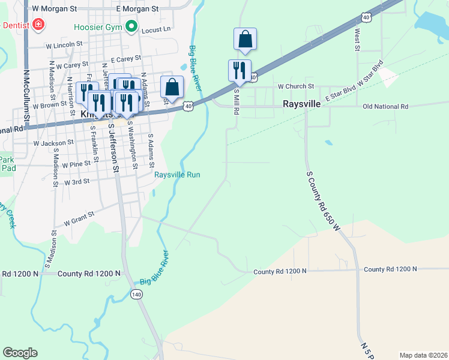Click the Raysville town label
[x=302, y=103]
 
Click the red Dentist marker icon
[x=38, y=25]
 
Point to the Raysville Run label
[x=177, y=175]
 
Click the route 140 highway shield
[x=136, y=294]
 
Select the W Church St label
[x=296, y=86]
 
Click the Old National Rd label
[x=385, y=106]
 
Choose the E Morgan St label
[x=137, y=9]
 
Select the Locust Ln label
[x=158, y=28]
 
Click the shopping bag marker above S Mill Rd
[x=245, y=40]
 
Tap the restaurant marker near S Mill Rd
[x=239, y=70]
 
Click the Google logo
[x=20, y=353]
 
